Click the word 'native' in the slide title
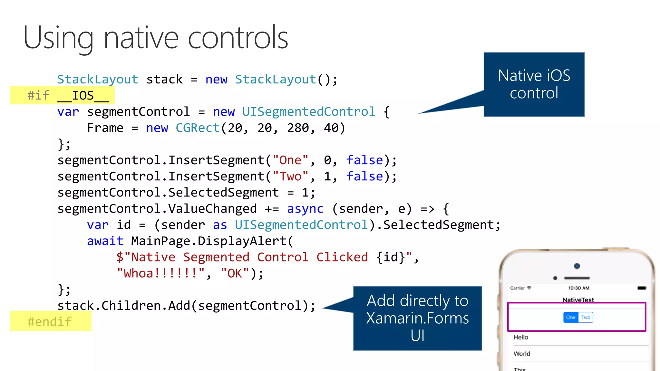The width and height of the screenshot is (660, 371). tap(141, 38)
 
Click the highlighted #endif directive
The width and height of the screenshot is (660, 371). tap(50, 321)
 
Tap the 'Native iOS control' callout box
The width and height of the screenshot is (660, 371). tap(534, 84)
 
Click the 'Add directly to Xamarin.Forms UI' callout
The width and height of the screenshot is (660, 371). tap(417, 318)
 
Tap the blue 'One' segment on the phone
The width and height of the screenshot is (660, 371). tap(570, 317)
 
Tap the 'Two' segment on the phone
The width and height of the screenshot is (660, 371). tap(586, 317)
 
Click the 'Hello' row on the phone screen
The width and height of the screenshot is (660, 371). tap(521, 337)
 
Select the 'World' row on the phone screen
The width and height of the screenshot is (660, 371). tap(522, 354)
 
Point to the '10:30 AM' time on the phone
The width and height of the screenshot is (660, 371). tap(579, 288)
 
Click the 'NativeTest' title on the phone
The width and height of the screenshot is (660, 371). tap(578, 300)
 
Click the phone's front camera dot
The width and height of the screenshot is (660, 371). tap(577, 266)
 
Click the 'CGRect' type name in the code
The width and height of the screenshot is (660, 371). tap(198, 128)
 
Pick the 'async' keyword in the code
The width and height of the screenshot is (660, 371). tap(305, 209)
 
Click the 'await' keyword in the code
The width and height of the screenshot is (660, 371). tap(105, 241)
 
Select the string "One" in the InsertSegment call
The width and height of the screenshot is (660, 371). tap(290, 160)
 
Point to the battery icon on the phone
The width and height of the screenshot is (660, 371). tap(642, 288)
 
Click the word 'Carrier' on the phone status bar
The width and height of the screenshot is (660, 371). tap(517, 288)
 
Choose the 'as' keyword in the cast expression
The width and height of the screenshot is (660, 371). tap(220, 225)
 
